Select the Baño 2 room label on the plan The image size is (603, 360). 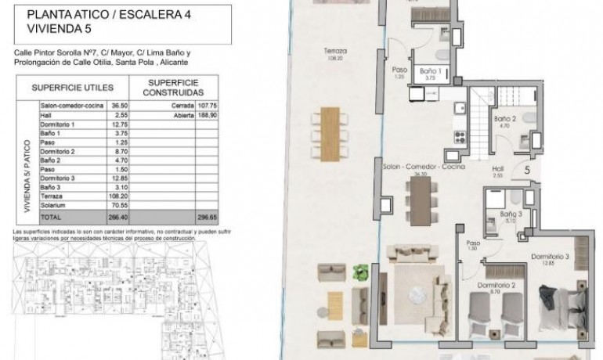point(503,122)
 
